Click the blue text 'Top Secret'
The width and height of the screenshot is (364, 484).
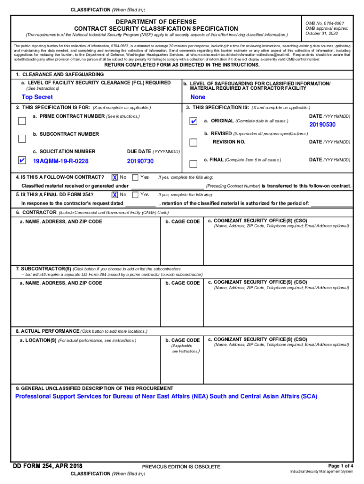point(37,97)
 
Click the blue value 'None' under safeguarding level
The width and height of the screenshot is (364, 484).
point(198,97)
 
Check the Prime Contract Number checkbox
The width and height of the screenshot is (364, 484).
point(22,121)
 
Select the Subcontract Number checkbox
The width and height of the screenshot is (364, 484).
point(22,138)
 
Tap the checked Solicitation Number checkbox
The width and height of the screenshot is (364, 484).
point(22,161)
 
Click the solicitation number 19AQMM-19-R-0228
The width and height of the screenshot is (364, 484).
point(61,161)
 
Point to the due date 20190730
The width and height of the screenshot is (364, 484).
point(140,161)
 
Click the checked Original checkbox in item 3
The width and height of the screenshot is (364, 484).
point(193,122)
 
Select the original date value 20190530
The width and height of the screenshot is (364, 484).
point(322,125)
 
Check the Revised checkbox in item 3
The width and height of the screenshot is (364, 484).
point(193,142)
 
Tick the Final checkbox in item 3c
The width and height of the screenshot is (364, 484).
point(193,164)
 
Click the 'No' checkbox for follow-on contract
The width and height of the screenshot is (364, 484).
point(114,177)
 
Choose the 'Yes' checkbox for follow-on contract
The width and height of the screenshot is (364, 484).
point(135,177)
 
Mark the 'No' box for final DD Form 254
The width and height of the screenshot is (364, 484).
point(114,194)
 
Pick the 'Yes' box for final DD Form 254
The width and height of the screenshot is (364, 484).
point(135,194)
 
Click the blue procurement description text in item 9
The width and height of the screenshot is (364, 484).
point(166,396)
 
